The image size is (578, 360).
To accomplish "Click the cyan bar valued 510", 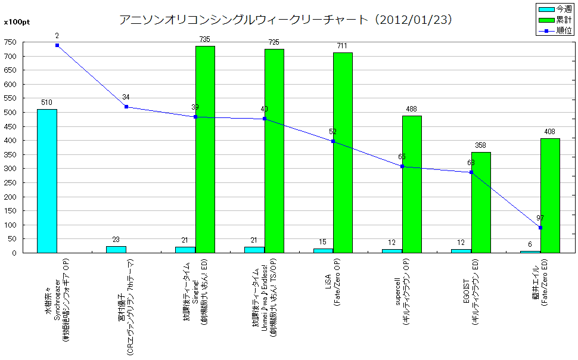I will coord(47,181).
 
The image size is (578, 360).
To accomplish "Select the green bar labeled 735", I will coord(205,149).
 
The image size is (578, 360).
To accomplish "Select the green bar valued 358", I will coord(481,203).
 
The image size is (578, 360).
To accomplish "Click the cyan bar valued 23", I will coord(116,249).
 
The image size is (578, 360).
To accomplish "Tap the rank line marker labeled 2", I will coord(57,45).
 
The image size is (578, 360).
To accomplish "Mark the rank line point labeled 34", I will coord(126,107).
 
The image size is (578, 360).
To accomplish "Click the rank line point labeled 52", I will coord(333,141).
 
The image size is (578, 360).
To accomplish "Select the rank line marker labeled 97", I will coord(540,228).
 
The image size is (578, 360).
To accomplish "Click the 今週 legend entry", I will coord(555,9).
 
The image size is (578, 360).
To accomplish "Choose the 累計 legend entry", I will coord(555,20).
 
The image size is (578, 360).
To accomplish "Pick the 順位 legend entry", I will coord(555,30).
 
